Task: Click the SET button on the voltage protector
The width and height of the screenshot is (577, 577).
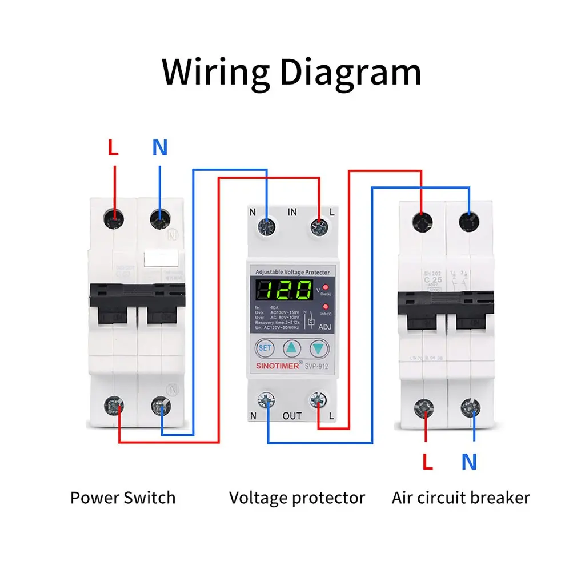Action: pyautogui.click(x=265, y=347)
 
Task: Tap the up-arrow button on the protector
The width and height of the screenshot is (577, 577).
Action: pyautogui.click(x=292, y=347)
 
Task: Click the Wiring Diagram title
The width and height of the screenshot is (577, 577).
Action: pyautogui.click(x=291, y=73)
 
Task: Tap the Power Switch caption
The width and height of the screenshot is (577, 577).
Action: pyautogui.click(x=123, y=498)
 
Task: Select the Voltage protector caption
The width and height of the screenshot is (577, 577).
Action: pyautogui.click(x=296, y=498)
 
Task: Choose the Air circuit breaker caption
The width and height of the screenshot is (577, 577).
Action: pyautogui.click(x=460, y=498)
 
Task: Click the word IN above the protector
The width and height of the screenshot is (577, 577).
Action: pyautogui.click(x=292, y=212)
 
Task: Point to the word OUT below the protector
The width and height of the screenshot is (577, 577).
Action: pyautogui.click(x=292, y=416)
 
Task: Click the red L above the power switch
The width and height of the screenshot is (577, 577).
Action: pyautogui.click(x=113, y=149)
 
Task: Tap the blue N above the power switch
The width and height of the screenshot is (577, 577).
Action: pyautogui.click(x=160, y=148)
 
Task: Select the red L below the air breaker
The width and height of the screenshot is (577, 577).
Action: pyautogui.click(x=427, y=462)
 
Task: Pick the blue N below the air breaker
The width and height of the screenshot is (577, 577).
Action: pyautogui.click(x=469, y=462)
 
